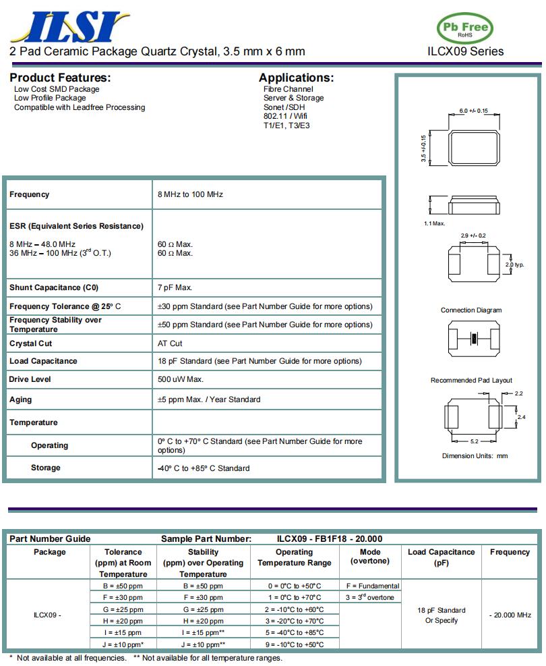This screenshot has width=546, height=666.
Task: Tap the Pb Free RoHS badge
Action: click(x=465, y=28)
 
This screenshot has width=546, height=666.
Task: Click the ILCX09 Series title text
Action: click(x=465, y=51)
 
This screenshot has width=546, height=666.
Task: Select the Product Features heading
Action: click(x=60, y=78)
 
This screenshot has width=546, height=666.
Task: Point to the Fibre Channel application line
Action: click(x=289, y=89)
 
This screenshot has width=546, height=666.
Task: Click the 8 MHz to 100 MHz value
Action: click(x=190, y=194)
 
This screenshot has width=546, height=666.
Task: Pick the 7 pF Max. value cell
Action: click(x=175, y=287)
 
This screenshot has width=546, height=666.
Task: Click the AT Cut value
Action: click(x=170, y=343)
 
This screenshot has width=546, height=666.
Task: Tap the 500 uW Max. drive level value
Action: click(x=181, y=379)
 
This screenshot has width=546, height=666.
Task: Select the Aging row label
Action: click(x=20, y=399)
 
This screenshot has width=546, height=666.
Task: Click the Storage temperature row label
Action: click(x=45, y=468)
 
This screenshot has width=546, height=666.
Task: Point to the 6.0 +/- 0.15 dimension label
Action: click(x=474, y=111)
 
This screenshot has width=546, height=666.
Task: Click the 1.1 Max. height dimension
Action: click(x=434, y=223)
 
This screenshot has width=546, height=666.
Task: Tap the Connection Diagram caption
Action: click(x=471, y=310)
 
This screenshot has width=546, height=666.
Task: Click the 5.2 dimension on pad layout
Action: click(x=474, y=441)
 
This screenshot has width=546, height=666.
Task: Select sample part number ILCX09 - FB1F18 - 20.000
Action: click(x=330, y=538)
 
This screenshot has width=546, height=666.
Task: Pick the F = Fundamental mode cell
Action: click(x=373, y=586)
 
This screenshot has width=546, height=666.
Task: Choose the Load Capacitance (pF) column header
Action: click(x=441, y=557)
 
